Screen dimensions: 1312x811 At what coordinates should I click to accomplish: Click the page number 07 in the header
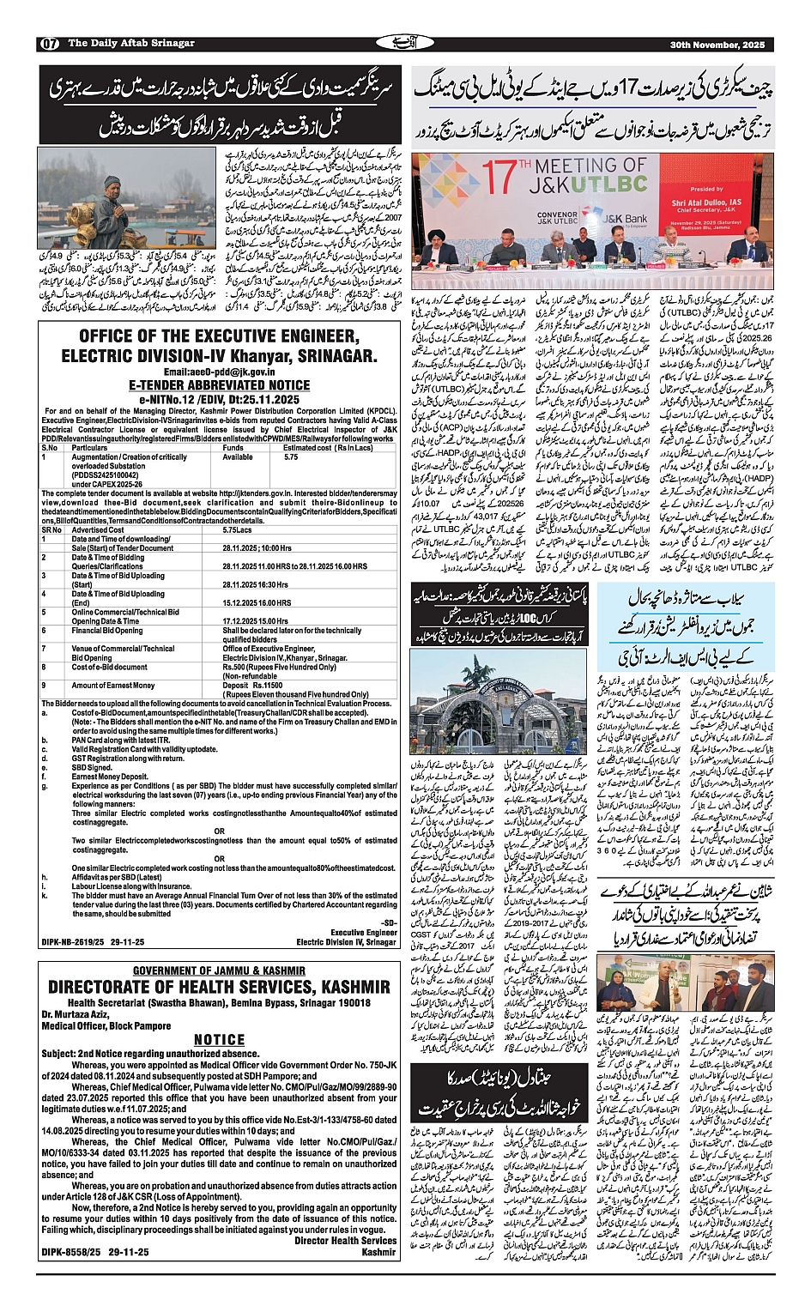click(x=49, y=45)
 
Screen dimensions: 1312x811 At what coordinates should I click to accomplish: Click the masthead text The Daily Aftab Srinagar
click(x=131, y=44)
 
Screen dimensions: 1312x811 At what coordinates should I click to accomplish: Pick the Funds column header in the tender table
click(x=233, y=448)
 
